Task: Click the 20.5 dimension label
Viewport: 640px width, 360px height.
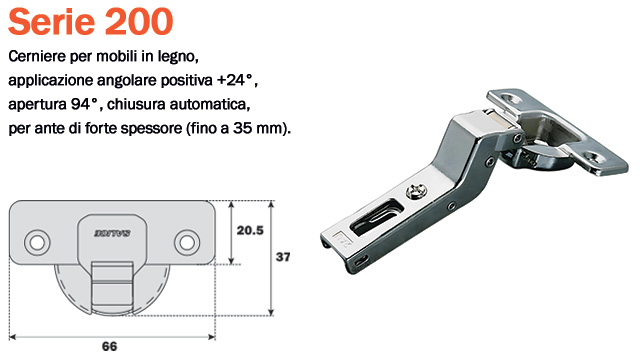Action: tap(249, 229)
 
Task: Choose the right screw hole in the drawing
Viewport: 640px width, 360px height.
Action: tap(185, 242)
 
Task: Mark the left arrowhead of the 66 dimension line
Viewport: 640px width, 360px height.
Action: tap(12, 330)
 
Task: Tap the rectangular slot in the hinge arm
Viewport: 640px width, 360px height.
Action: tap(373, 214)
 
